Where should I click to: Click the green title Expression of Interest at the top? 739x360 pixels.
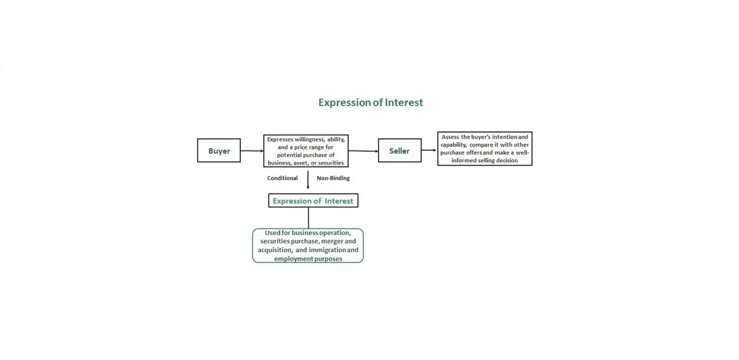point(371,103)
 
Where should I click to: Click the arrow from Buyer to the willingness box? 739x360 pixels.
point(252,151)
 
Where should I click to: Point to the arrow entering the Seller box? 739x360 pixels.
point(363,151)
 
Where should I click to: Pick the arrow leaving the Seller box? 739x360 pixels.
point(429,150)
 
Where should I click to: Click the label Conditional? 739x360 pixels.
point(282,178)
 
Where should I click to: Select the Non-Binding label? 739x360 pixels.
point(333,178)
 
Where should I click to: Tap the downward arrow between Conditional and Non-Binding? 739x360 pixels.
point(308,180)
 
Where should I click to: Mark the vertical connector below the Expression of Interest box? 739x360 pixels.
point(308,218)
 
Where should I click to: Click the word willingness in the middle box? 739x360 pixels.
point(310,140)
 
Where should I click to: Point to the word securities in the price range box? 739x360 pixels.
point(331,163)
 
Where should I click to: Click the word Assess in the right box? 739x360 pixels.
point(450,137)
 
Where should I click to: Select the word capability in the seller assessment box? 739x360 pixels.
point(454,145)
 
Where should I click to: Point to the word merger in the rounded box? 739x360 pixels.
point(332,241)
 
